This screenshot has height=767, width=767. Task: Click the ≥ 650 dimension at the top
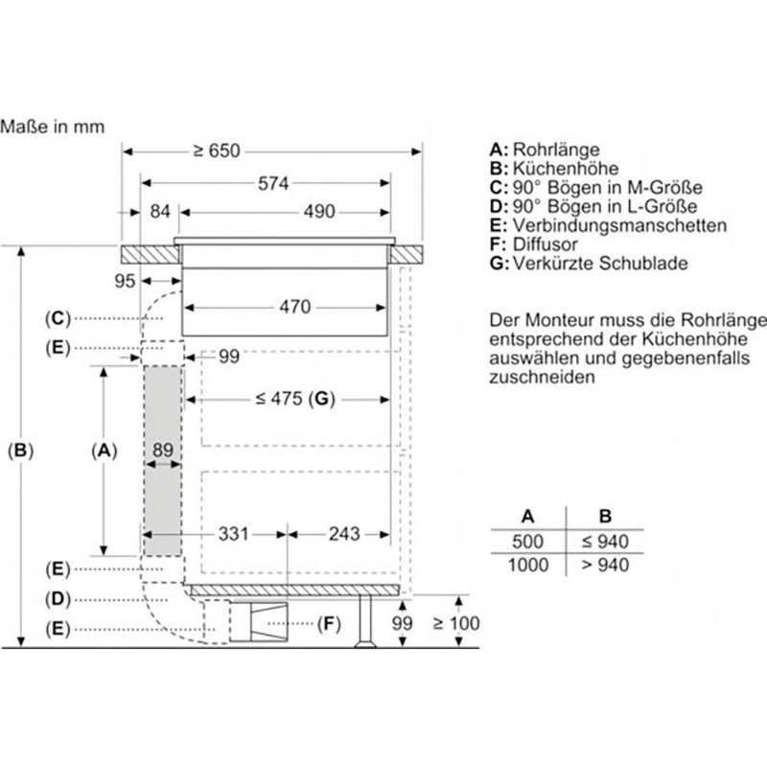(x=217, y=151)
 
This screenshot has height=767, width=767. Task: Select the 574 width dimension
(x=273, y=183)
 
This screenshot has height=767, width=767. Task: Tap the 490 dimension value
(x=319, y=212)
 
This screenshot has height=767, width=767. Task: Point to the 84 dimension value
(x=160, y=212)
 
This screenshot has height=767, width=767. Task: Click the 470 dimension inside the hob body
(x=295, y=307)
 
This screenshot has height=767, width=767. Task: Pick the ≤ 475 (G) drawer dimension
(x=295, y=399)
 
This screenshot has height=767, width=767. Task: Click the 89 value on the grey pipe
(x=163, y=450)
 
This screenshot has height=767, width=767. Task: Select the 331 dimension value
(x=234, y=534)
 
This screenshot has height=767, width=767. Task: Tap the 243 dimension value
(x=344, y=534)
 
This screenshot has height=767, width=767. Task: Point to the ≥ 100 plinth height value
(x=456, y=623)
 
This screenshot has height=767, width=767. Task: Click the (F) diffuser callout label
(x=329, y=624)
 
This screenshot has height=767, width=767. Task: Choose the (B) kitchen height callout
(x=20, y=450)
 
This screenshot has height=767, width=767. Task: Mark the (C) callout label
(x=58, y=318)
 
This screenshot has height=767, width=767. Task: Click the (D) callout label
(x=58, y=598)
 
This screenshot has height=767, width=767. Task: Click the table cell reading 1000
(x=528, y=565)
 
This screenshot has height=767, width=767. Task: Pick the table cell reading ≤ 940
(x=606, y=542)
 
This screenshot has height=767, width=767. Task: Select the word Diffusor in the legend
(x=545, y=244)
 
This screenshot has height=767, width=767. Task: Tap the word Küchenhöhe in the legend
(x=566, y=169)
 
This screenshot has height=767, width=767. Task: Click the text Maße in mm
(x=53, y=127)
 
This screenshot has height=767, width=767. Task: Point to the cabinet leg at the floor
(x=365, y=621)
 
